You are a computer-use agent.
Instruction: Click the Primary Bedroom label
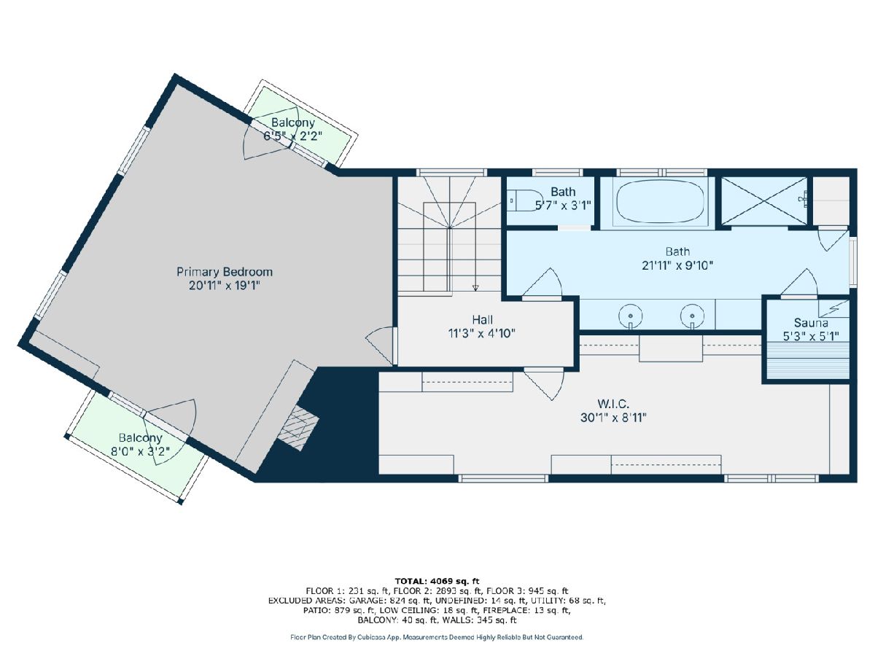point(225,272)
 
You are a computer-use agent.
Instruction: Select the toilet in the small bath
point(518,200)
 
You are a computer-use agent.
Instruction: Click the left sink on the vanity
point(630,316)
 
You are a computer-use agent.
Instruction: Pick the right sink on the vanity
point(692,316)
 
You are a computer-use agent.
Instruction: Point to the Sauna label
point(811,323)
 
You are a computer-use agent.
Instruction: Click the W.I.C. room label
point(613,405)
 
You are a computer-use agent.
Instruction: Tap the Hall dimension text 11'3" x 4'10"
point(481,333)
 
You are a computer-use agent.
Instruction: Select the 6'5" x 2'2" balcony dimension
point(292,136)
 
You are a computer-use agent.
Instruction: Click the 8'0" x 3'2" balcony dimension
point(140,452)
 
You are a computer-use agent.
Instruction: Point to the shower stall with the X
point(763,201)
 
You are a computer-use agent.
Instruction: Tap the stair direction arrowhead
point(475,288)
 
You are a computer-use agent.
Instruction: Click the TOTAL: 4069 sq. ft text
point(437,582)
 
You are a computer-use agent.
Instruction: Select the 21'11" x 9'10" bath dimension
point(677,265)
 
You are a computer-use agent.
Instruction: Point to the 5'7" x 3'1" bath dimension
point(562,206)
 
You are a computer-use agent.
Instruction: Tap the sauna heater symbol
point(833,308)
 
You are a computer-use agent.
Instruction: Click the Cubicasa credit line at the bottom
point(437,637)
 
